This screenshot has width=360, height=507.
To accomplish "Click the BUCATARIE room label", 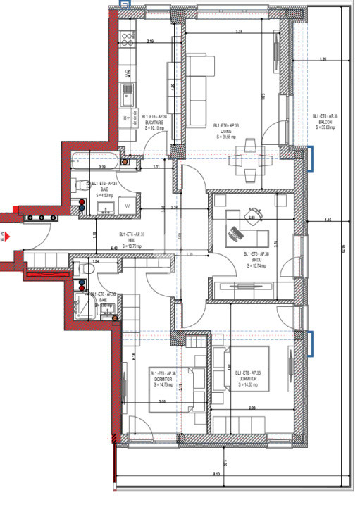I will point(154,121).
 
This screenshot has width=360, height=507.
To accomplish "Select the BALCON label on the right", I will point(324,121).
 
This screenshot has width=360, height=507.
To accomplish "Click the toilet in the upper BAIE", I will point(80,186).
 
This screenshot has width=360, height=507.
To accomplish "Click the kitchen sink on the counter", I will point(128,90).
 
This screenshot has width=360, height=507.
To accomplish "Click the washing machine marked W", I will point(128,206).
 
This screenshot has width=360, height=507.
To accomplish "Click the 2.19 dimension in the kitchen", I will point(151,42).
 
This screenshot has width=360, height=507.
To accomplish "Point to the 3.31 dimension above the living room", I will point(239,32).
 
